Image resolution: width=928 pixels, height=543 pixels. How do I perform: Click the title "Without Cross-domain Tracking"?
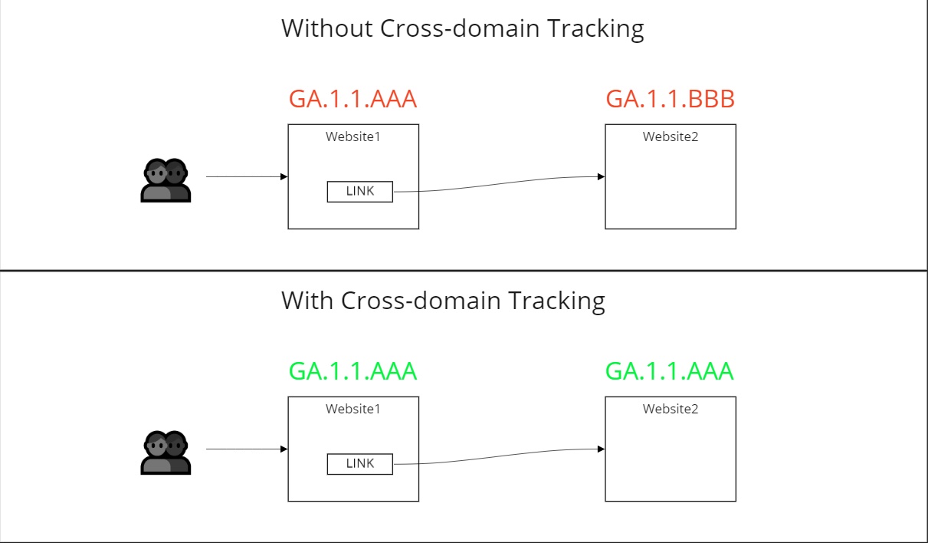tap(462, 28)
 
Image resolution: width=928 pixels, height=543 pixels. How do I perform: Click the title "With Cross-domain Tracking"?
tap(443, 300)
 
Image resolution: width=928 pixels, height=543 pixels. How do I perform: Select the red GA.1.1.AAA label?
tap(353, 100)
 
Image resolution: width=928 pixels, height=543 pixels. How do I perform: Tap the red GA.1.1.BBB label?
tap(670, 100)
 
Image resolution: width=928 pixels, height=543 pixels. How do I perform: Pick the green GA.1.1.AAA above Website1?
tap(353, 371)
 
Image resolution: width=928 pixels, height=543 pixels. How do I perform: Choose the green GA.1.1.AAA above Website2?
tap(670, 371)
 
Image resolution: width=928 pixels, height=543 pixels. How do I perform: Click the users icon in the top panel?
tap(166, 180)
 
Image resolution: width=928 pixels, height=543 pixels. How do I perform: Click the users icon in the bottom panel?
tap(166, 452)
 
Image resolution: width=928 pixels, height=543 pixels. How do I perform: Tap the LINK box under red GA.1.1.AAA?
tap(359, 192)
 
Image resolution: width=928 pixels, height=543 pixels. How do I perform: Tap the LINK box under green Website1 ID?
tap(359, 464)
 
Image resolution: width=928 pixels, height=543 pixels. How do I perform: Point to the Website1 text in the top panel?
tap(353, 137)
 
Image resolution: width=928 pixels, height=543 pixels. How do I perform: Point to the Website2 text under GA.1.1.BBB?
tap(671, 137)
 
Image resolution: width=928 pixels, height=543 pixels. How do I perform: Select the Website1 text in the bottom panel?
tap(353, 409)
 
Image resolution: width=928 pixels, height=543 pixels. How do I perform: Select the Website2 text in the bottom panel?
tap(671, 409)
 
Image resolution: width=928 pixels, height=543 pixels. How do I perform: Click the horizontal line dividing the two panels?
tap(464, 270)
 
